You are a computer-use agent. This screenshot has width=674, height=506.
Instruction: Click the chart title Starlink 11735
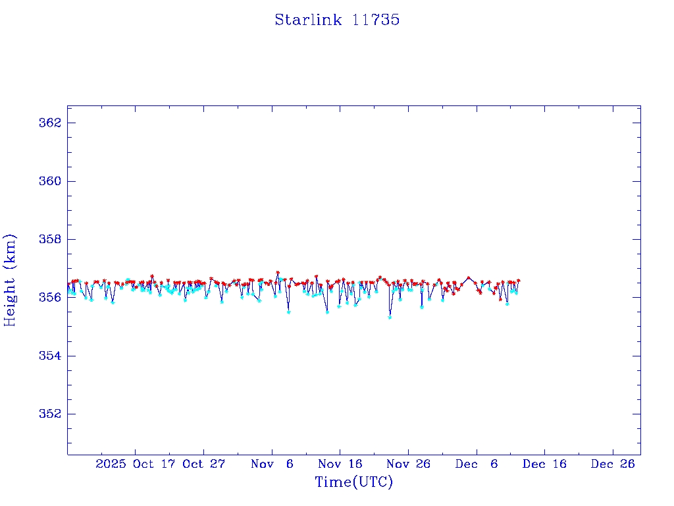tap(337, 20)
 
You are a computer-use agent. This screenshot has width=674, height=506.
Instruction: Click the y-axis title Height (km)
tap(10, 280)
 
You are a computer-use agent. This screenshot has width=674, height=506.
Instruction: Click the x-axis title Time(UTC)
tap(353, 482)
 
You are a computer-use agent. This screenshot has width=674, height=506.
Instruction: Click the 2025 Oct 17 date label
tap(135, 464)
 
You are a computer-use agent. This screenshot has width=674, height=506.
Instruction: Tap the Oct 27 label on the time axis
tap(203, 464)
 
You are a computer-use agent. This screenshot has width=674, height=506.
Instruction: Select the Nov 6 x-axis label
tap(272, 464)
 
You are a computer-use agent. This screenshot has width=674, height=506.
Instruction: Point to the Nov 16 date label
tap(340, 464)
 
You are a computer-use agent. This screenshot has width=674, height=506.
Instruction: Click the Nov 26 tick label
tap(408, 464)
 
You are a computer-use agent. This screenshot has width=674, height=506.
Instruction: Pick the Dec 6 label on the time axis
tap(477, 464)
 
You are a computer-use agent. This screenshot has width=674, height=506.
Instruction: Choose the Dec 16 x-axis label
tap(544, 464)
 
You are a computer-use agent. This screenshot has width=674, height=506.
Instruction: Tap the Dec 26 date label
tap(613, 464)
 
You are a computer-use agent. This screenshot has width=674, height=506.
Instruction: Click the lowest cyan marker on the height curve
tap(390, 317)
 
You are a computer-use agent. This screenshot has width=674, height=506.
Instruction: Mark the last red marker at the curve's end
tap(518, 281)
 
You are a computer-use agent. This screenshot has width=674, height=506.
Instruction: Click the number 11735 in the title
tap(376, 20)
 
